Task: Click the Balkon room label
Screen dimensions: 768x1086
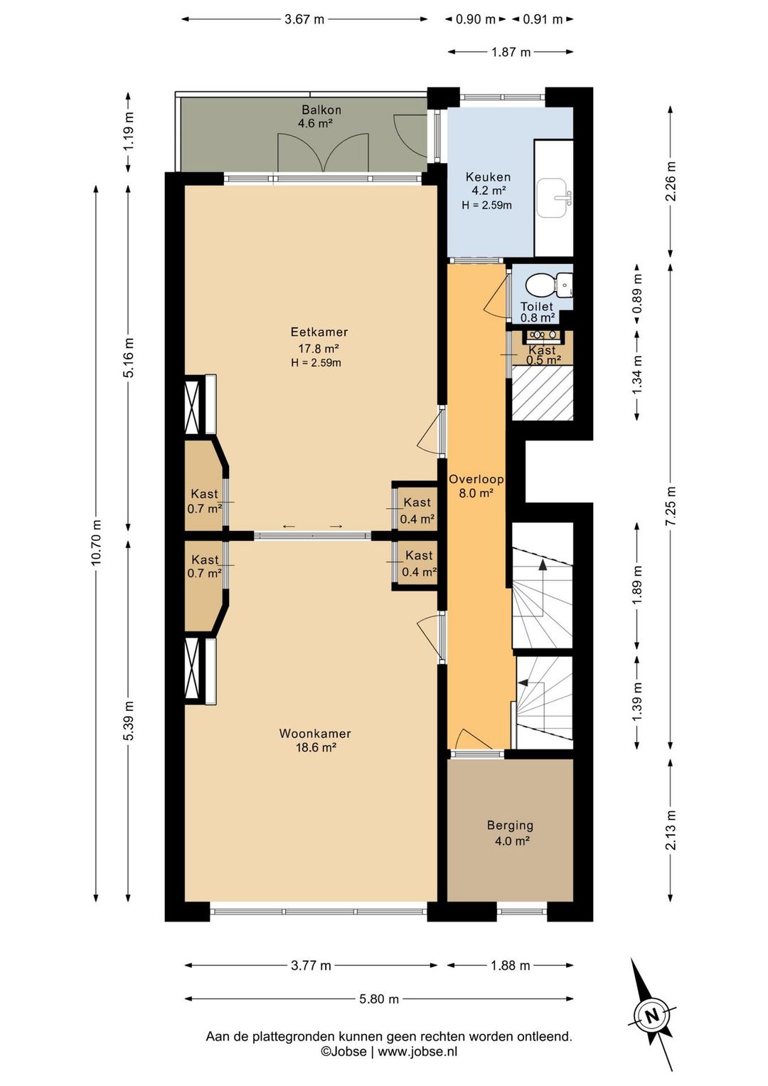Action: coord(321,110)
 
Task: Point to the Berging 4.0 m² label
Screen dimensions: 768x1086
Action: coord(511,833)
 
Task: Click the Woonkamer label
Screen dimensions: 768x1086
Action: coord(315,734)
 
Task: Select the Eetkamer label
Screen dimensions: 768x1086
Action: coord(319,332)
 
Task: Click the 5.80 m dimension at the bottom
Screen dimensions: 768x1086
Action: coord(379,998)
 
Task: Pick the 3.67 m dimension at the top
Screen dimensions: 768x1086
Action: coord(304,19)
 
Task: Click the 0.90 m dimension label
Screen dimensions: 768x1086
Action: coord(476,19)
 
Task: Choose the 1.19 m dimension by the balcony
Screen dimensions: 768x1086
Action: coord(129,131)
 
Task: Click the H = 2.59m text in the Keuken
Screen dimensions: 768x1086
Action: coord(486,204)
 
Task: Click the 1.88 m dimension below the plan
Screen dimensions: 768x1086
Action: coord(511,965)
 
